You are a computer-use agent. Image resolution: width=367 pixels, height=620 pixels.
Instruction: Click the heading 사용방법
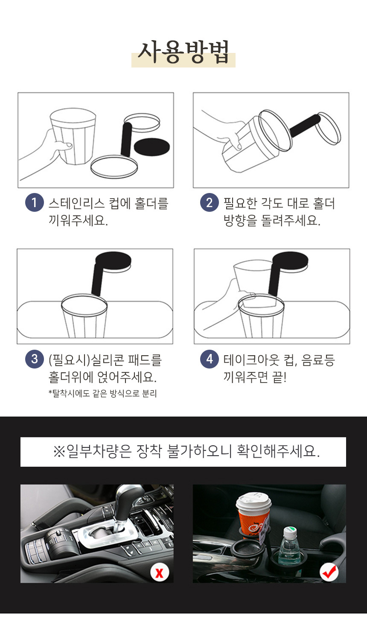click(183, 52)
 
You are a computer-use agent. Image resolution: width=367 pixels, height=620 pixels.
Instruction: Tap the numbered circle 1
click(34, 202)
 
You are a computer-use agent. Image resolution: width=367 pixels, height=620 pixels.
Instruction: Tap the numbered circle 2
click(210, 202)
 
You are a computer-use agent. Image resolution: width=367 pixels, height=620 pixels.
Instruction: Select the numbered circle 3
click(34, 359)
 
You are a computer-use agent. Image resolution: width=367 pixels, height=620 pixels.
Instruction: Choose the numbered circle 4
click(210, 359)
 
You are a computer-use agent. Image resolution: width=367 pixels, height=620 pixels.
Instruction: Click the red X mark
click(159, 573)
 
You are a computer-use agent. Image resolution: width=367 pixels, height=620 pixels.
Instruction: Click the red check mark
click(329, 572)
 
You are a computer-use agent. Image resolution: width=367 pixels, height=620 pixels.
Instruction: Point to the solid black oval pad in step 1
click(151, 147)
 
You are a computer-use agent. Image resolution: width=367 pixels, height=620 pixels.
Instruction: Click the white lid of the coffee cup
click(253, 501)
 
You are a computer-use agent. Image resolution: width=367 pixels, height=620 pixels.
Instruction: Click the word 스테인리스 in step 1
click(77, 203)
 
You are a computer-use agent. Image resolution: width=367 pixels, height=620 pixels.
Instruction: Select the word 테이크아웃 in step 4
click(251, 360)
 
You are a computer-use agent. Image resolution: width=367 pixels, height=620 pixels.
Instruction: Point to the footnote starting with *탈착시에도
click(102, 393)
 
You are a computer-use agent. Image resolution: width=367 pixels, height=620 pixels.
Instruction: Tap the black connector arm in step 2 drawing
click(305, 126)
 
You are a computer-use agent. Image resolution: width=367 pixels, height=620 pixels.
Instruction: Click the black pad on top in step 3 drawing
click(113, 260)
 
